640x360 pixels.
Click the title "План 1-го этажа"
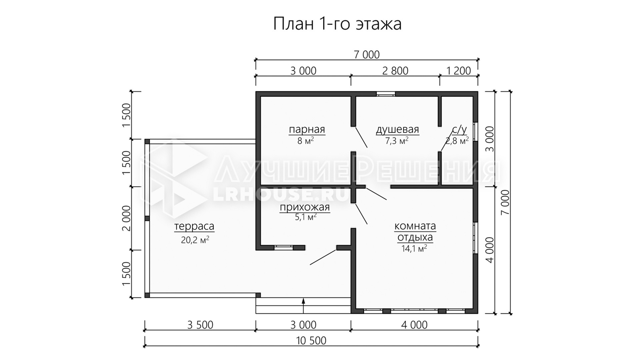[337, 24]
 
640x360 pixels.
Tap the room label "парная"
[307, 129]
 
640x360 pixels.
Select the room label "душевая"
[397, 129]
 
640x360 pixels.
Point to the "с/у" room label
[459, 129]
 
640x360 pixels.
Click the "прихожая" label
[305, 208]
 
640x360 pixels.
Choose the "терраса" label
[194, 227]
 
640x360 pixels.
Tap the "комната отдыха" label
[415, 232]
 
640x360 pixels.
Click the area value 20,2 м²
[195, 240]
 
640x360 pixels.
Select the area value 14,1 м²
[414, 249]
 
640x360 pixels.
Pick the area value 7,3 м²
[397, 141]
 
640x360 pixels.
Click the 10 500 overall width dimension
[311, 341]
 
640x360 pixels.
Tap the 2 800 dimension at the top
[395, 71]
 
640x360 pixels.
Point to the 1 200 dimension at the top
[459, 71]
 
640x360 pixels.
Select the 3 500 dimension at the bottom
[200, 325]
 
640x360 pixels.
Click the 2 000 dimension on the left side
[127, 218]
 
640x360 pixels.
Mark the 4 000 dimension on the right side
[489, 250]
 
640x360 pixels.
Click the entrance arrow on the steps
[304, 306]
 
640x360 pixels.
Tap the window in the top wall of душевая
[386, 94]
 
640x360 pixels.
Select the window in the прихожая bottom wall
[283, 248]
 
